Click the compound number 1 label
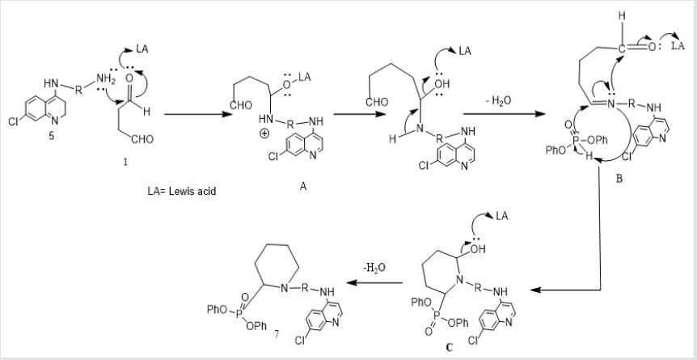(126, 163)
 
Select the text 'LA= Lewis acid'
(182, 193)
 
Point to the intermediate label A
(302, 187)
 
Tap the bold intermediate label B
(619, 180)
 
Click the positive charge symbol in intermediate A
(264, 135)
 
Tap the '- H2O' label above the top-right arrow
(498, 101)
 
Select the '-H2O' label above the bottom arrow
(374, 268)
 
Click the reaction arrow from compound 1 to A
(198, 114)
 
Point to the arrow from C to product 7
(375, 282)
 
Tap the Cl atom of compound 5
(13, 121)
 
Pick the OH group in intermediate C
(477, 248)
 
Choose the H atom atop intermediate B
(623, 16)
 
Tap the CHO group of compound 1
(142, 139)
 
